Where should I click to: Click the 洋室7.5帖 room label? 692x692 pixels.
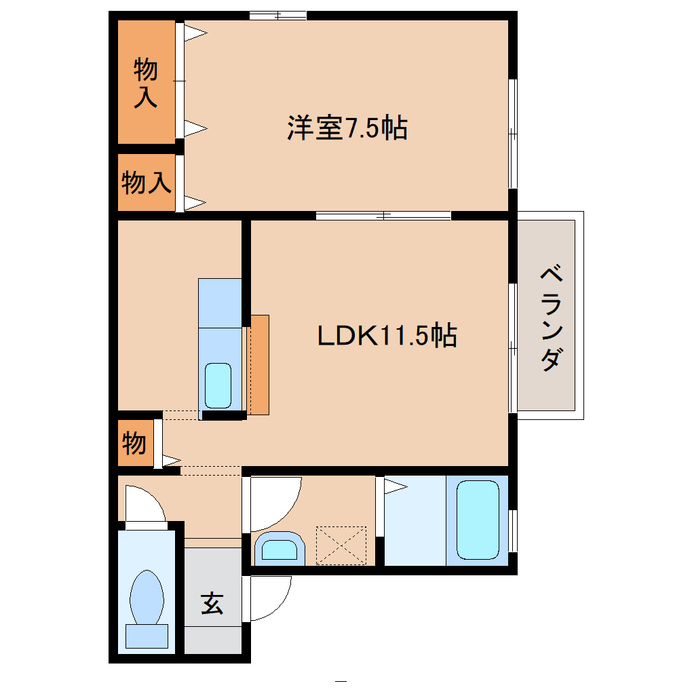pyautogui.click(x=347, y=128)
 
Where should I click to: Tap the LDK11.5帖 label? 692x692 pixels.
pyautogui.click(x=387, y=335)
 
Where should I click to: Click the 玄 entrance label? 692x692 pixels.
pyautogui.click(x=212, y=602)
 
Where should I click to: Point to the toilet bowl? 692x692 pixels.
pyautogui.click(x=147, y=596)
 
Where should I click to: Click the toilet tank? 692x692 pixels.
pyautogui.click(x=147, y=636)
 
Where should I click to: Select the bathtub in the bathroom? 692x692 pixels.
pyautogui.click(x=478, y=519)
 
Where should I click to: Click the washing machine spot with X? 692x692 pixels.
pyautogui.click(x=341, y=545)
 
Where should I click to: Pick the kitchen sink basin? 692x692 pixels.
pyautogui.click(x=218, y=385)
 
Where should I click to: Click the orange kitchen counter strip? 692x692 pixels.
pyautogui.click(x=258, y=365)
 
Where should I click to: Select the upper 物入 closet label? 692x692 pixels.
pyautogui.click(x=145, y=83)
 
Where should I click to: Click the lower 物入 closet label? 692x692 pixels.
pyautogui.click(x=145, y=182)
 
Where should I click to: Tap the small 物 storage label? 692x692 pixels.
pyautogui.click(x=134, y=444)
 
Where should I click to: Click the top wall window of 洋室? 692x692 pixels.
pyautogui.click(x=277, y=15)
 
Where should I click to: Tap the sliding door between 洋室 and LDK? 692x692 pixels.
pyautogui.click(x=383, y=216)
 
